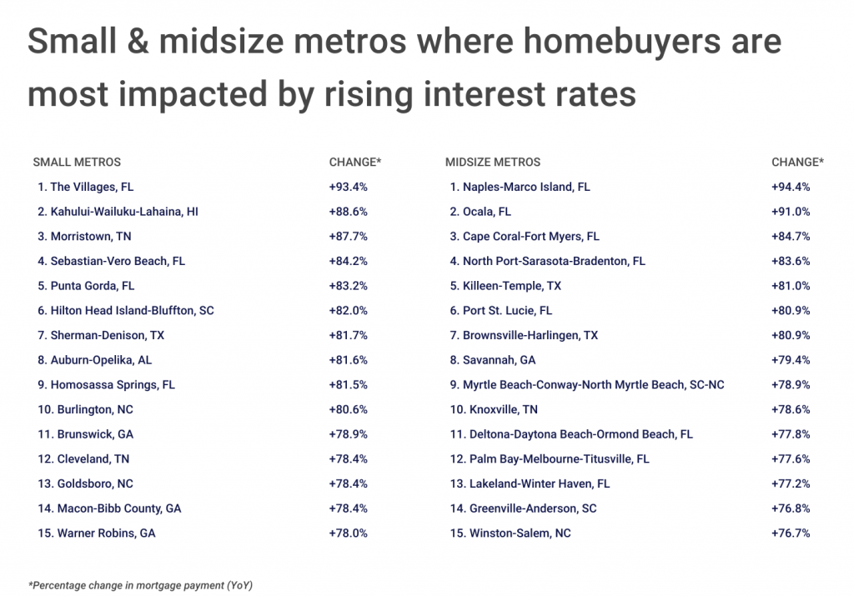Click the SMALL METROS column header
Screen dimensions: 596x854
(77, 162)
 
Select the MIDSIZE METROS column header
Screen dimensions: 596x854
(493, 162)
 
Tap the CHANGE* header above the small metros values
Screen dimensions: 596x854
(354, 162)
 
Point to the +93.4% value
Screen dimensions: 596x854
(349, 187)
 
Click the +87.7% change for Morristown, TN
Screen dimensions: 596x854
(349, 236)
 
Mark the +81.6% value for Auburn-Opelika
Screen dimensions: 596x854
(349, 360)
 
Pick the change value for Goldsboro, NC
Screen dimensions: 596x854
(349, 483)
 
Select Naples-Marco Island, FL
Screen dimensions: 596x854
(520, 187)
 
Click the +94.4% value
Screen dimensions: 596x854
(791, 187)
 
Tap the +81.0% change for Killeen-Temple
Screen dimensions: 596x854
(791, 286)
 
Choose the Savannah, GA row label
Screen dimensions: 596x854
(493, 360)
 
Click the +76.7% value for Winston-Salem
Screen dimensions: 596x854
(791, 533)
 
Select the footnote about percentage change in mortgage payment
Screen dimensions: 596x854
(140, 584)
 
